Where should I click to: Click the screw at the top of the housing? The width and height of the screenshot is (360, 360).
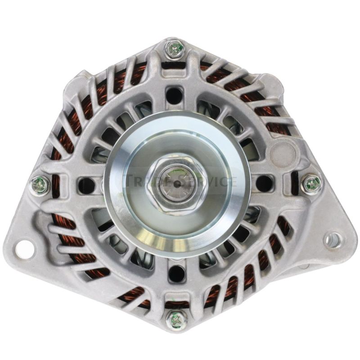pyautogui.click(x=175, y=49)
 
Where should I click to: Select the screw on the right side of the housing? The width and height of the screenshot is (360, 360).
pyautogui.click(x=311, y=184)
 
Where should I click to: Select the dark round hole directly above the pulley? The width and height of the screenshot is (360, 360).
pyautogui.click(x=175, y=95)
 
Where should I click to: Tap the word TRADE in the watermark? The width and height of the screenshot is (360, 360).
pyautogui.click(x=144, y=182)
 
